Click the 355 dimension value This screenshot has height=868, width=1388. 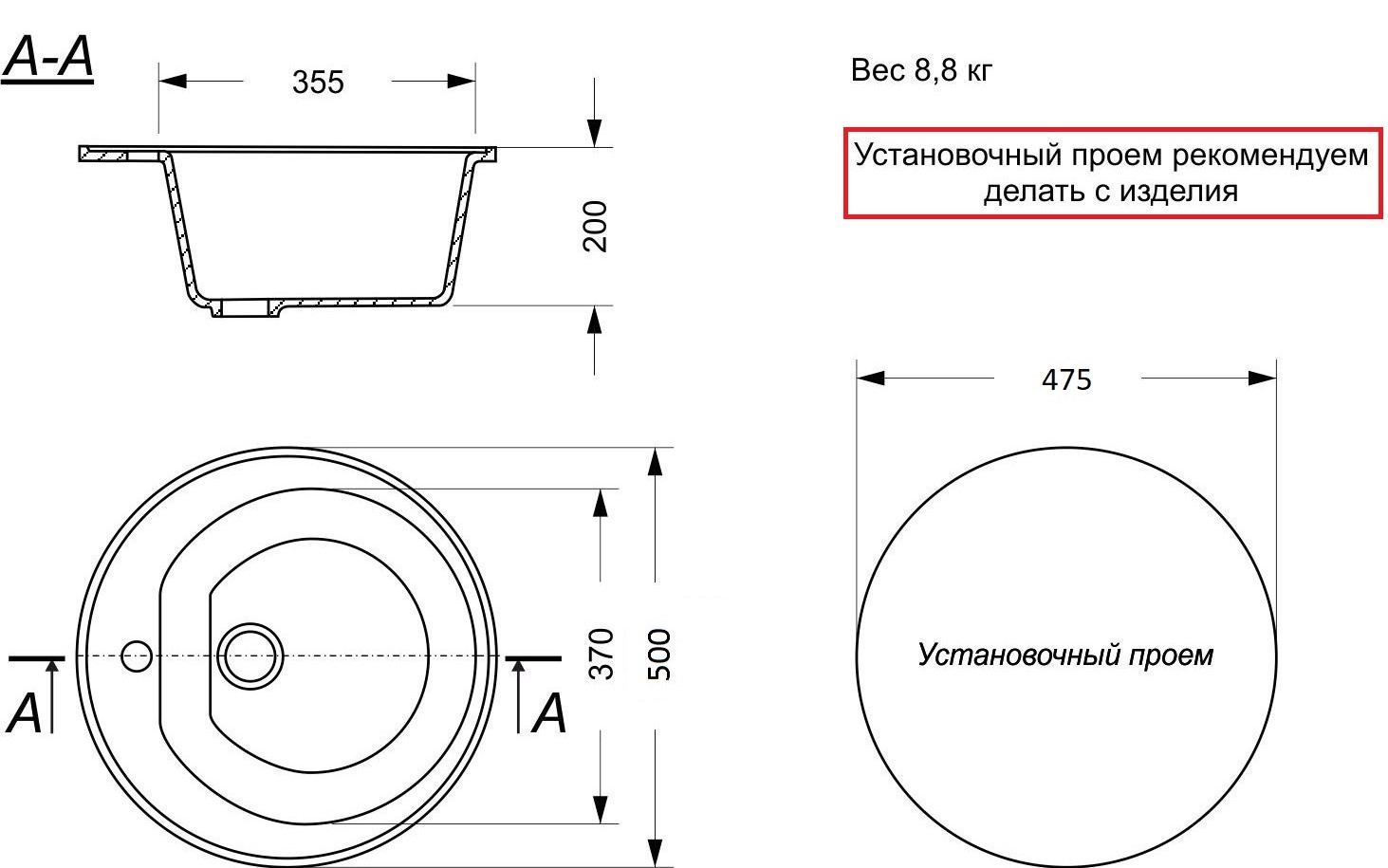point(317,83)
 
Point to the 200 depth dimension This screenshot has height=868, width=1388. point(595,226)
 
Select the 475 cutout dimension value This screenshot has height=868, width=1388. point(1066,379)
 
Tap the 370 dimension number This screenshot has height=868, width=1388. point(601,653)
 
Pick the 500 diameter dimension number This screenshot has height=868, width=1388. point(657,654)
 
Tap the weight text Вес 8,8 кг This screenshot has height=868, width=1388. point(921,70)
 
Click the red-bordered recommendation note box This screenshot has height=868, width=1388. point(1112,173)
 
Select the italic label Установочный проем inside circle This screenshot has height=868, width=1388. point(1064,655)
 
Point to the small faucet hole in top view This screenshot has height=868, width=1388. point(137,656)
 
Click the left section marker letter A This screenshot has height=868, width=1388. point(25,713)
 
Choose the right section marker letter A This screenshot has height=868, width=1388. point(549,713)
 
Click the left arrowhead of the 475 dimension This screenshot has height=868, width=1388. point(869,378)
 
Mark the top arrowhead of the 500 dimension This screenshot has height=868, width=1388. point(655,461)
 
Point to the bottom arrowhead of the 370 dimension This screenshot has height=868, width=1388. point(600,810)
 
